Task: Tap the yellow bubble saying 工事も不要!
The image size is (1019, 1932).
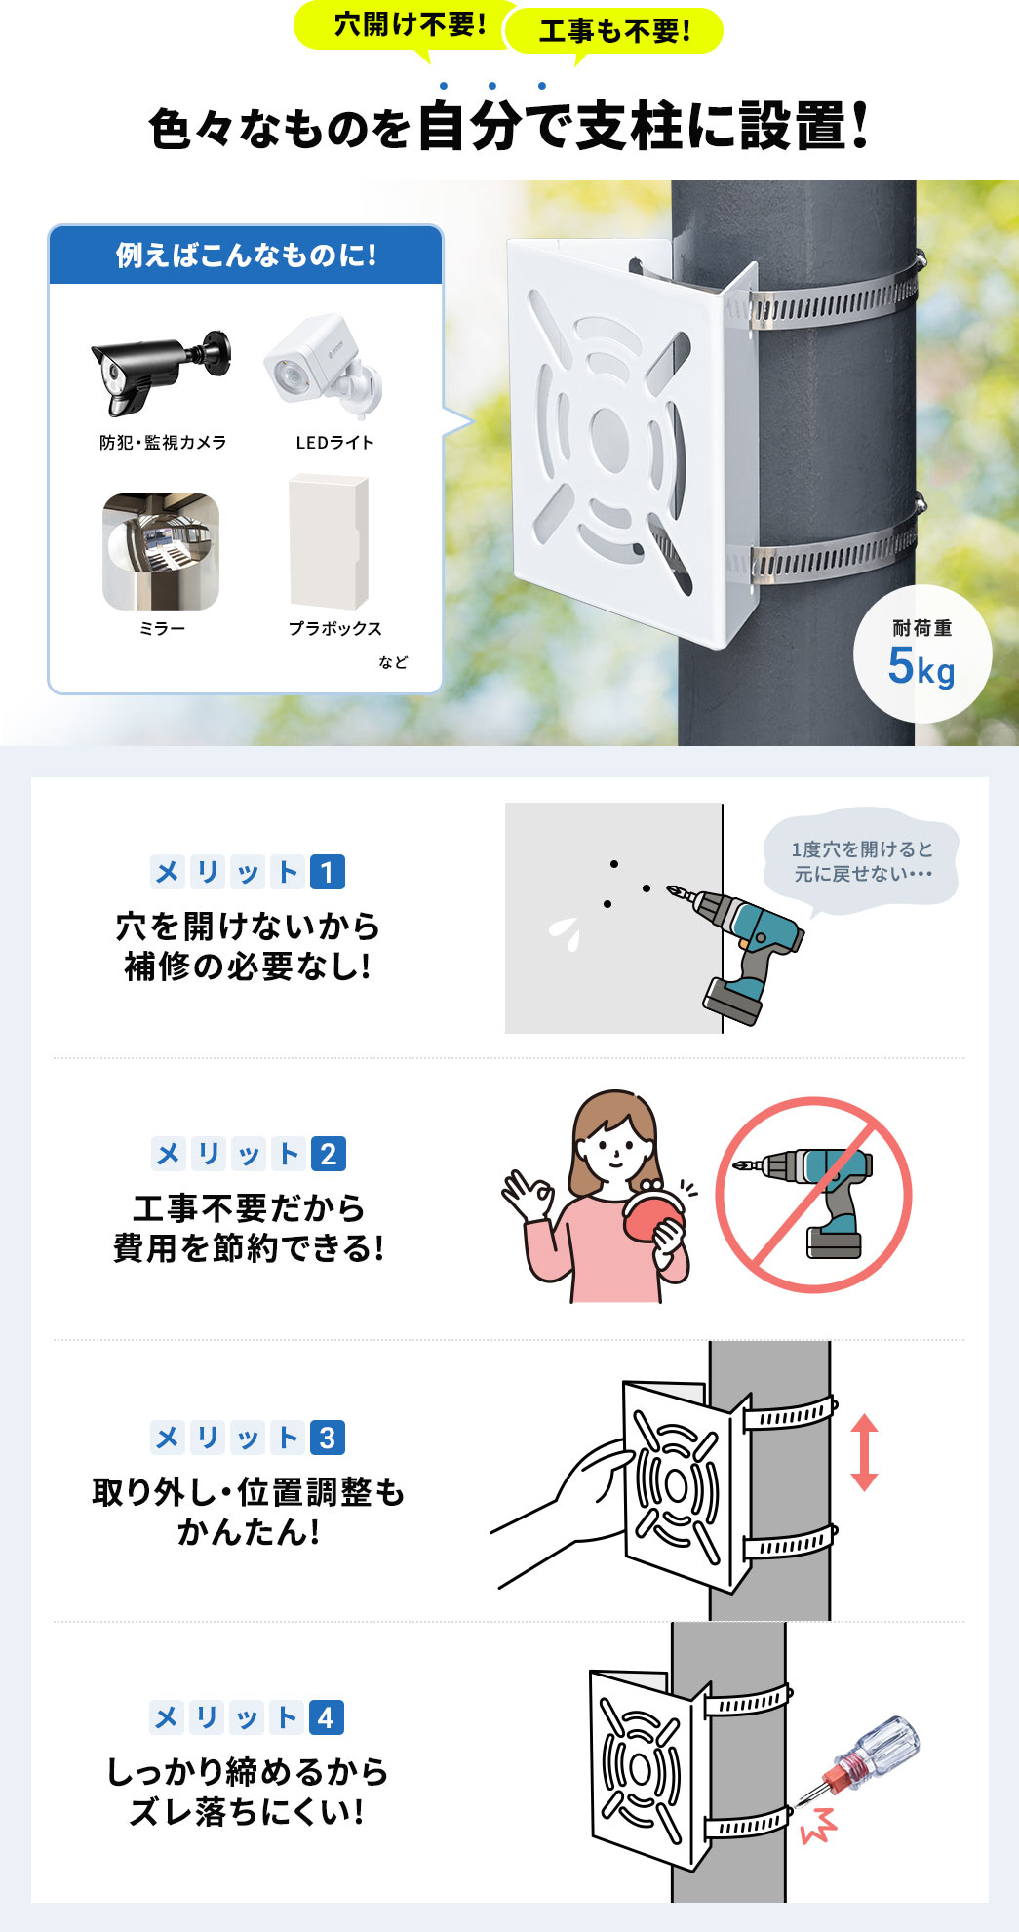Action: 614,31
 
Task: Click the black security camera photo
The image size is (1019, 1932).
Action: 161,372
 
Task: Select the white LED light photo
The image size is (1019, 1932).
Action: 325,365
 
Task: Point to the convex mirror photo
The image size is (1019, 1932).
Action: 161,551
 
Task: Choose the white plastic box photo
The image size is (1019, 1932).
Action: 329,541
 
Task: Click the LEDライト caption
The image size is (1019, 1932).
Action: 334,443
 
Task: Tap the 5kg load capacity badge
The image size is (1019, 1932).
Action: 921,653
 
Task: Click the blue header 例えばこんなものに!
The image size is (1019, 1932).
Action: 246,256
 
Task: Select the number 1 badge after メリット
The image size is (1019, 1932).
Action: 328,872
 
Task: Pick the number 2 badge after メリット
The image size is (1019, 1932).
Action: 328,1155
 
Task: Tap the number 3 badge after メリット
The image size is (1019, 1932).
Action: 328,1438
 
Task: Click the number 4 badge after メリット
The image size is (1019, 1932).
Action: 328,1717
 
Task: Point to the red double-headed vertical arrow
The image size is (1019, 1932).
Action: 864,1453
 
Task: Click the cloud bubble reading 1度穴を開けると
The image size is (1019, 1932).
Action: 862,861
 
